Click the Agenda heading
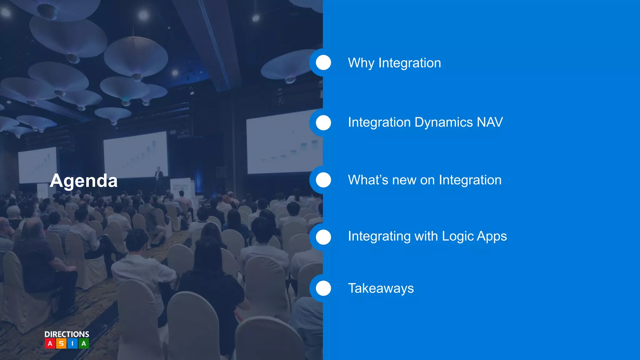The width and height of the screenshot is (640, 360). click(84, 181)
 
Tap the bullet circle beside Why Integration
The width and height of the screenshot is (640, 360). click(323, 62)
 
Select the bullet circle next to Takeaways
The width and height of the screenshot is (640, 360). click(323, 288)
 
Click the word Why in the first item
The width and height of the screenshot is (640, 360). click(361, 63)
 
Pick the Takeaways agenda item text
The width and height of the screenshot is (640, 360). click(381, 288)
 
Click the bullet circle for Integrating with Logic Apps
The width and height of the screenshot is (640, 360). click(323, 237)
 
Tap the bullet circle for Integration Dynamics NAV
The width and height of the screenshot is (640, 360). click(323, 122)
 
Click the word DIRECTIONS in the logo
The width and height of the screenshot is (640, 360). click(67, 334)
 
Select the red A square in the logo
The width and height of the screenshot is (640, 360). click(50, 343)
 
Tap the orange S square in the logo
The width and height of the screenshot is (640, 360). click(61, 343)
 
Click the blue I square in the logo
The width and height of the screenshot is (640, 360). click(72, 343)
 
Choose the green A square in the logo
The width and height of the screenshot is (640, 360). click(84, 343)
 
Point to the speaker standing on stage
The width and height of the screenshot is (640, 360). click(159, 178)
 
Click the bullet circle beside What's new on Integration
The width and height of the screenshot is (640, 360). click(323, 180)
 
